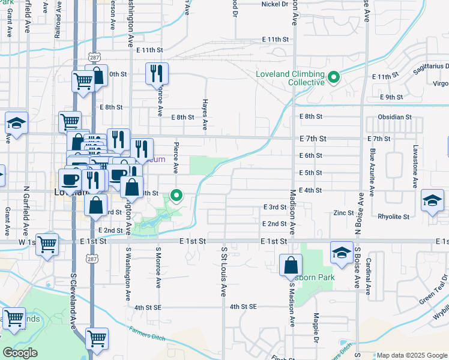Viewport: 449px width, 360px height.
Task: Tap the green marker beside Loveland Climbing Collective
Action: (333, 77)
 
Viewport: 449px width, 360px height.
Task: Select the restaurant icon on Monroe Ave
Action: (157, 74)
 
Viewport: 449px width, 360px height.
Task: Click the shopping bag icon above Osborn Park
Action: (291, 265)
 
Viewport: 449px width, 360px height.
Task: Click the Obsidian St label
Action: (394, 117)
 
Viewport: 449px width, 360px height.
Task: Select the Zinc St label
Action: (343, 213)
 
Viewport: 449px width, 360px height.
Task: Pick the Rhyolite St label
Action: (393, 217)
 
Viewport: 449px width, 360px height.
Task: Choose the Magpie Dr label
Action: (315, 327)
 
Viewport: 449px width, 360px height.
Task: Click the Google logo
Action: (20, 353)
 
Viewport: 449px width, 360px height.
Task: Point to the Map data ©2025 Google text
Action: (411, 355)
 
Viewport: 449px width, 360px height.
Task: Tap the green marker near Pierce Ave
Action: (176, 195)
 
